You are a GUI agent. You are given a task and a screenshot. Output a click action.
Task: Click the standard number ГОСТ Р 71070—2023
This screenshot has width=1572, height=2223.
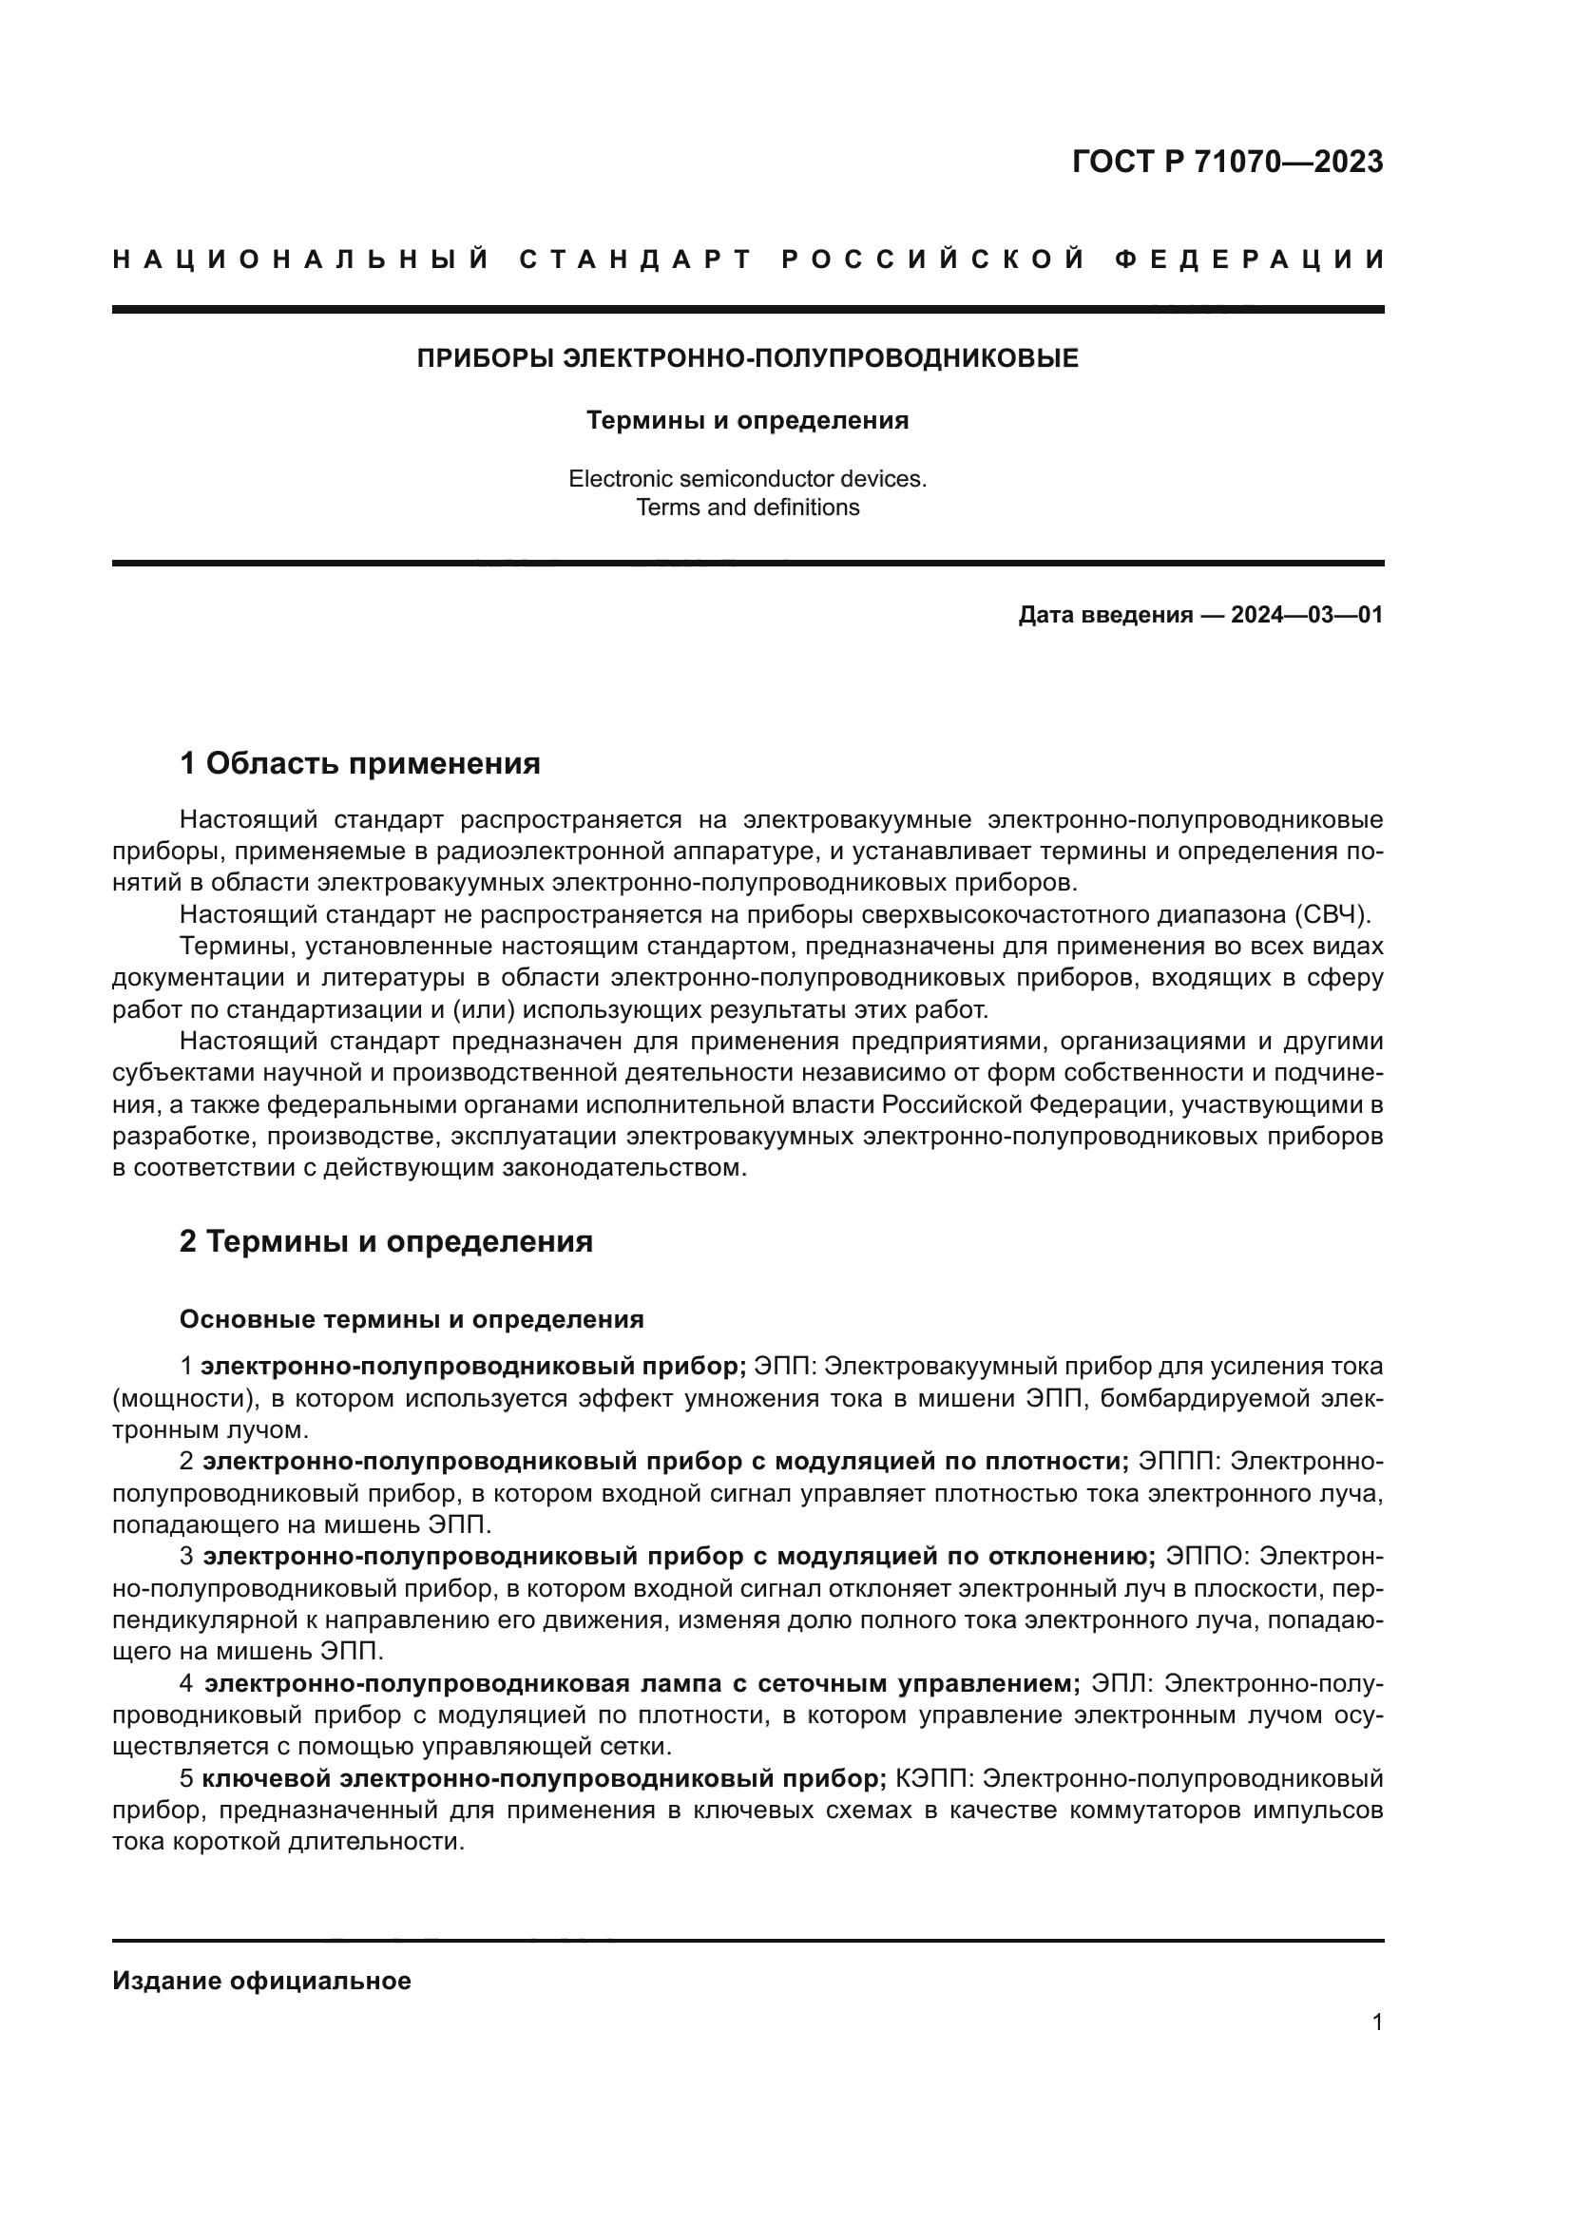click(x=1226, y=163)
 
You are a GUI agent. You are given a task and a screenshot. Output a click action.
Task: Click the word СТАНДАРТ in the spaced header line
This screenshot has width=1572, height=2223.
click(x=636, y=259)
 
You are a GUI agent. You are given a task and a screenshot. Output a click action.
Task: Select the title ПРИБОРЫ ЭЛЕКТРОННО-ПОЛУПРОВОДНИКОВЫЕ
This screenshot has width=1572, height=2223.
click(x=747, y=359)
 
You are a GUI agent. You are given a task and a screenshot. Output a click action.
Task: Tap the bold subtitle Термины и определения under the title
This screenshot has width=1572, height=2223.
click(x=747, y=420)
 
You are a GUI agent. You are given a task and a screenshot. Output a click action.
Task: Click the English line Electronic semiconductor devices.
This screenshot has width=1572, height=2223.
click(x=747, y=478)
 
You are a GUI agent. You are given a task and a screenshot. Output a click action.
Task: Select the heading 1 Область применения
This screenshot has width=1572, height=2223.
click(x=359, y=764)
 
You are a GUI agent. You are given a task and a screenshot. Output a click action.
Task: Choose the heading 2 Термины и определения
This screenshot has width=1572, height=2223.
click(x=385, y=1241)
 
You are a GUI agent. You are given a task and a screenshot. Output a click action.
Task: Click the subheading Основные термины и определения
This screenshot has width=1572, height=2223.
click(x=412, y=1320)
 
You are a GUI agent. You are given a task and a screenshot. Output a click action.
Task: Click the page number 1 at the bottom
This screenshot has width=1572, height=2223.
click(x=1376, y=2022)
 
